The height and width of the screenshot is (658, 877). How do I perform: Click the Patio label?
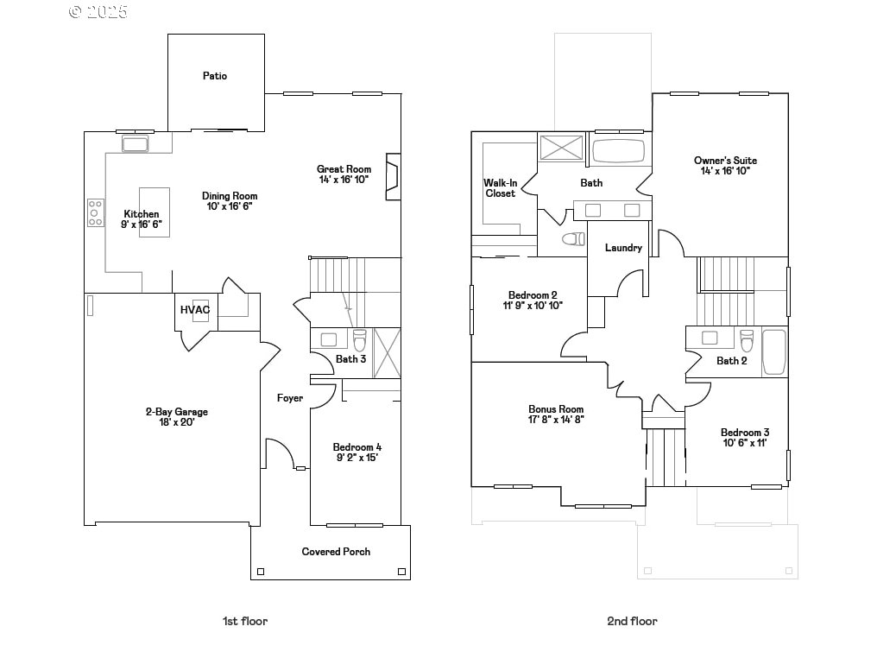coord(215,75)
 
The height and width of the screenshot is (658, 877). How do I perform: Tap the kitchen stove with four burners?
coord(96,213)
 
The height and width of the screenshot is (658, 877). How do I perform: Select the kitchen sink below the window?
coord(136,144)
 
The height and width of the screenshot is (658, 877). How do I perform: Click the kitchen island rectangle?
coord(155,212)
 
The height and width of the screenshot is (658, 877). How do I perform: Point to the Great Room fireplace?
coord(394,177)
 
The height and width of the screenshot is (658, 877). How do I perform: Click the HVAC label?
coord(195,310)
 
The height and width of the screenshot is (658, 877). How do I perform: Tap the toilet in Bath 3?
coord(360,339)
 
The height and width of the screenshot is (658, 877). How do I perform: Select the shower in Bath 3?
coord(387,353)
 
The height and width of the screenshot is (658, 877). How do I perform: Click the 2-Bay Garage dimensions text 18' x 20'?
coord(177,422)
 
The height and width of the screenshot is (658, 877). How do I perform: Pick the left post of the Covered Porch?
coord(261,572)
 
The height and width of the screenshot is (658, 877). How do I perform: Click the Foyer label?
coord(290,398)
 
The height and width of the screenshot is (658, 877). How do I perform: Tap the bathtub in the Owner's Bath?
coord(618,150)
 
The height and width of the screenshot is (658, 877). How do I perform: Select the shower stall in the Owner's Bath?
coord(562,147)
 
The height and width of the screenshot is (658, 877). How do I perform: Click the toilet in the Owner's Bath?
coord(573,239)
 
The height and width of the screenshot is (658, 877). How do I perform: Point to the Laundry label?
coord(623,247)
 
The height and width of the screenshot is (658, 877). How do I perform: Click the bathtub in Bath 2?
coord(774,352)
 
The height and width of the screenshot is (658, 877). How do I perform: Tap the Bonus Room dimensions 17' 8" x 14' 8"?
coord(556,420)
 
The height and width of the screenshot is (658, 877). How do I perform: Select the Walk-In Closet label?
coord(501,188)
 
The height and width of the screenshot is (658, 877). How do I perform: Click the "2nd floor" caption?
coord(633,621)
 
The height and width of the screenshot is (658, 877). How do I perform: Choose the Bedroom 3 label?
coord(745,433)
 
